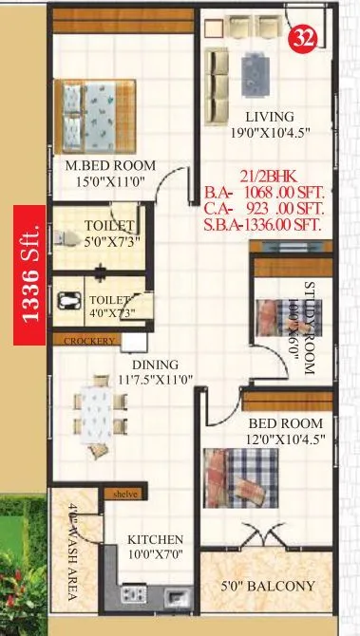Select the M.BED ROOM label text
(x=104, y=164)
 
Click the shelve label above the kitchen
(x=125, y=494)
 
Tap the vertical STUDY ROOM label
(x=309, y=327)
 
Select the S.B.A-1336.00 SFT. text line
(x=262, y=226)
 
